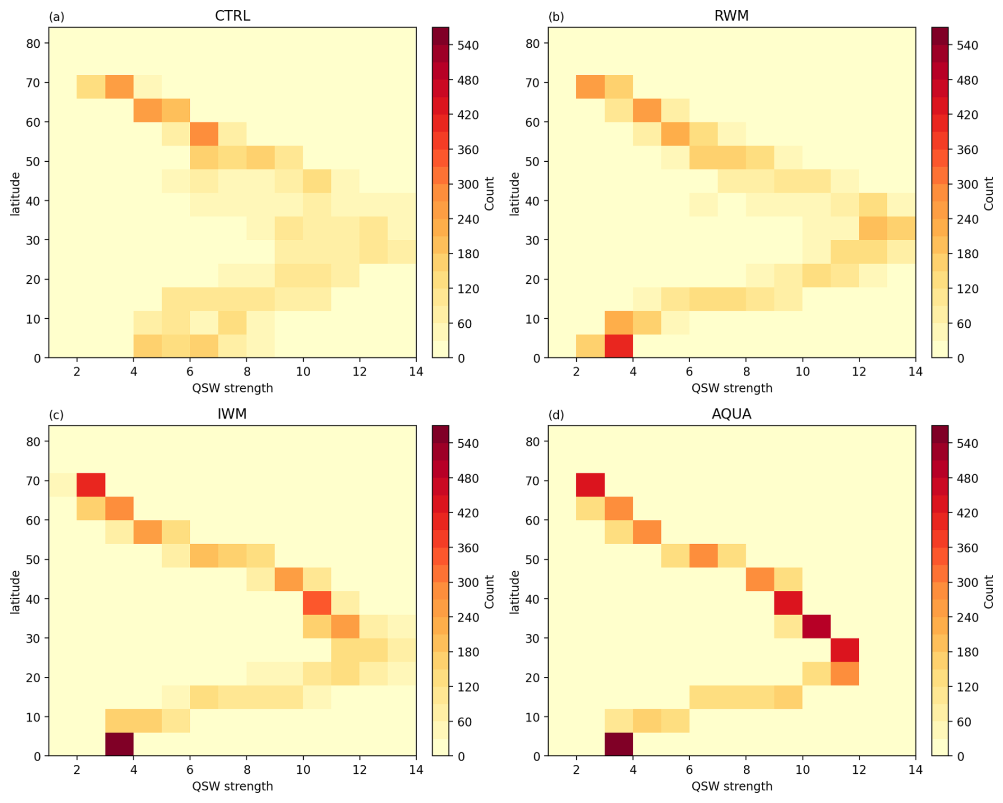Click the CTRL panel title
(232, 16)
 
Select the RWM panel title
(731, 16)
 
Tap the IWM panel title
(232, 414)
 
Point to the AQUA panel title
(731, 414)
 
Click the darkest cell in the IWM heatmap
(119, 744)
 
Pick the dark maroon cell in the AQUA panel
(619, 744)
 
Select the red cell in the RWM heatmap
(619, 346)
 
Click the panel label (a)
(56, 17)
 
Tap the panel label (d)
(556, 415)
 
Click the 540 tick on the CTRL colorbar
(468, 46)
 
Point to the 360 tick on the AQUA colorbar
(967, 548)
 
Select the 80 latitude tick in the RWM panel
(533, 43)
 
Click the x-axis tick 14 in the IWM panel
(416, 770)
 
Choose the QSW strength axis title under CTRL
(232, 388)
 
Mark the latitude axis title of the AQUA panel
(514, 591)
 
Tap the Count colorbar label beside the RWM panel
(989, 194)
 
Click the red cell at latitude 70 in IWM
(91, 485)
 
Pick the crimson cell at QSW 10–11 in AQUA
(816, 626)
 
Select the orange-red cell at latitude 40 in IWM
(317, 603)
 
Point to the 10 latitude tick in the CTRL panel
(33, 319)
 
